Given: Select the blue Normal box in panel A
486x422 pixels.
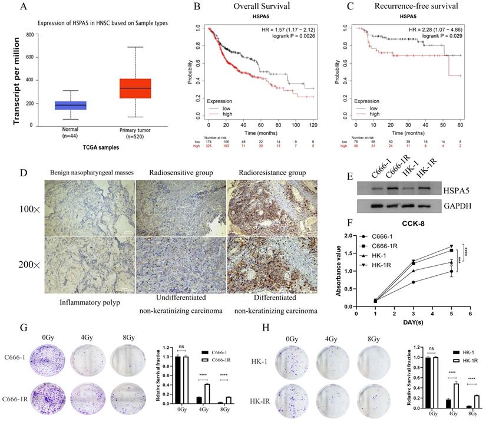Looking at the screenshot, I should pos(70,105).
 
